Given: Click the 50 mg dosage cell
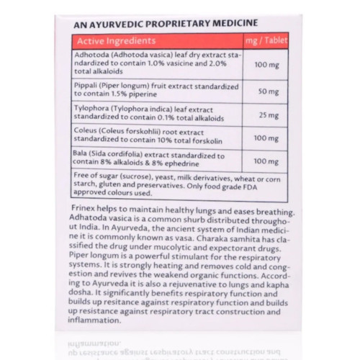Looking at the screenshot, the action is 266,92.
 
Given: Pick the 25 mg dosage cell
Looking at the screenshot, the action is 266,114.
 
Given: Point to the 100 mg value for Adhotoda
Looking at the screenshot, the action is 266,65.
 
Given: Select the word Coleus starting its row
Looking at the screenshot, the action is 85,132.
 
